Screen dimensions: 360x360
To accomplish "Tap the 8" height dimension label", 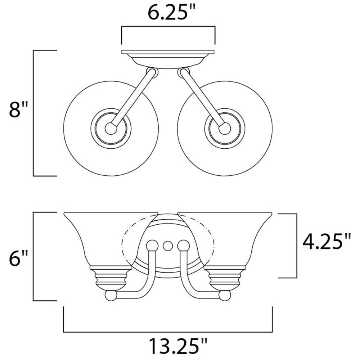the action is tap(18, 110).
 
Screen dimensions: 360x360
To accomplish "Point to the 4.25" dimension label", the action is tap(327, 242).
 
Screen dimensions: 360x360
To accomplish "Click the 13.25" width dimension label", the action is tap(178, 346).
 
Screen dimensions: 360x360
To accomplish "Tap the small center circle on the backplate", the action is tap(168, 246).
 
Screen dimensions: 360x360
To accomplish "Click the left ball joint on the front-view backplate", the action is tap(152, 246).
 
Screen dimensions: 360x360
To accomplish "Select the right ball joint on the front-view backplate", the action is tap(184, 246).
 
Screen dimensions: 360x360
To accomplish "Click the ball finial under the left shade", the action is tap(111, 296).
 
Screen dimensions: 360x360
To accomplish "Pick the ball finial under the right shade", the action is tap(225, 296).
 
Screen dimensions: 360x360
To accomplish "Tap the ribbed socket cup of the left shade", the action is tap(111, 278).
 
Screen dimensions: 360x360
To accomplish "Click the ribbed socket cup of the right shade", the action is tap(225, 278).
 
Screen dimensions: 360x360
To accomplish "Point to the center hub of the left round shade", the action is tap(111, 129).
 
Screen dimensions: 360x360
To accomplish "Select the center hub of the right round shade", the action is tap(225, 129).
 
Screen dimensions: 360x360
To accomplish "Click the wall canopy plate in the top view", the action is tap(168, 59).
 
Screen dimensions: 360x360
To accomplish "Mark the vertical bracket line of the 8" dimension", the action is tap(33, 113).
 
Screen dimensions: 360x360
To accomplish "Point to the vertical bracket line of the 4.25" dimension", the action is tap(297, 246).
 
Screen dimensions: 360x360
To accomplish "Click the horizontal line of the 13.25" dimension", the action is tap(168, 332).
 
